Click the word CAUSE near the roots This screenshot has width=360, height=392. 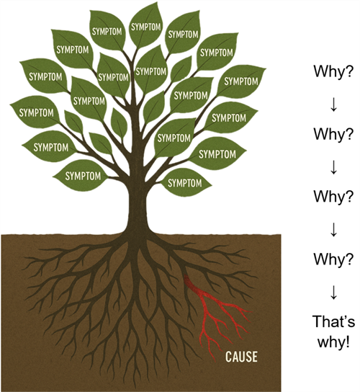click(241, 357)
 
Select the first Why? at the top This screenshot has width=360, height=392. click(334, 72)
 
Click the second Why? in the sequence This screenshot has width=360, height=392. click(334, 134)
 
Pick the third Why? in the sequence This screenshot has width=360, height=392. click(334, 197)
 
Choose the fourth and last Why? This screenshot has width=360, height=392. click(334, 259)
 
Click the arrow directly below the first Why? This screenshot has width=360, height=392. click(334, 105)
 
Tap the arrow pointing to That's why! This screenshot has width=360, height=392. click(334, 293)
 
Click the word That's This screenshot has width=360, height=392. click(334, 321)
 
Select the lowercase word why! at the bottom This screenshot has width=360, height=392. click(333, 342)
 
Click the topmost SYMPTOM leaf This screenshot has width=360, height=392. click(146, 25)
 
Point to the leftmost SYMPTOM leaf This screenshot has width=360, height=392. click(35, 112)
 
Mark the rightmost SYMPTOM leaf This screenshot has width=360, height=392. click(240, 81)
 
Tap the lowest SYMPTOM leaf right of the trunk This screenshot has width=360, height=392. click(185, 183)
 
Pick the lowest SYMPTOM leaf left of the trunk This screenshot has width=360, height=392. click(82, 176)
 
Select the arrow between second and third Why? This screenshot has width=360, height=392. click(334, 168)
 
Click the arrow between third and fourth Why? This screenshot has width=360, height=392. click(334, 231)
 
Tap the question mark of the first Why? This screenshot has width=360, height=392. click(351, 72)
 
